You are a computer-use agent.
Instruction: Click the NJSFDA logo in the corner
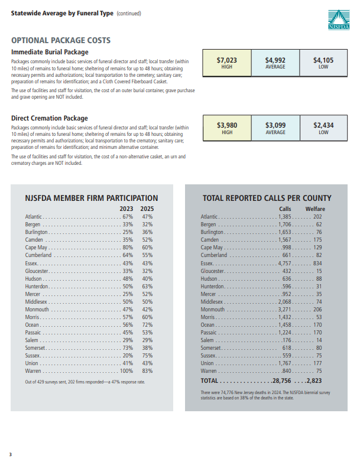(x=339, y=19)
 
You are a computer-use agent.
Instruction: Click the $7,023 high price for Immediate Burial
(x=226, y=60)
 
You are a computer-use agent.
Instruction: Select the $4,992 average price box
(x=275, y=60)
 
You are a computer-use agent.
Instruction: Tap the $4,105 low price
(x=323, y=60)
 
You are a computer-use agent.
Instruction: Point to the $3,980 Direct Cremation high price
(x=226, y=125)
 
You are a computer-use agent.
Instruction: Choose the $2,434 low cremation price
(x=323, y=125)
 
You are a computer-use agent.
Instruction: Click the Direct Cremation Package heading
(x=49, y=118)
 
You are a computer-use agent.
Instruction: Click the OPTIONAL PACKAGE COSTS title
(x=61, y=41)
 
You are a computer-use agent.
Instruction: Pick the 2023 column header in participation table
(x=127, y=209)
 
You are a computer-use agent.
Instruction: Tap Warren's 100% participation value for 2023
(x=127, y=370)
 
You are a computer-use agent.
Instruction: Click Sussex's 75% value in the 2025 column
(x=147, y=355)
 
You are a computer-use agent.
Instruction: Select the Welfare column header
(x=314, y=209)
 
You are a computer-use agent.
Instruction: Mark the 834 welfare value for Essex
(x=317, y=263)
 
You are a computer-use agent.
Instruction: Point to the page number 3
(x=11, y=454)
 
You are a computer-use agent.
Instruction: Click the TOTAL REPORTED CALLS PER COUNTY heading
(x=267, y=198)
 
